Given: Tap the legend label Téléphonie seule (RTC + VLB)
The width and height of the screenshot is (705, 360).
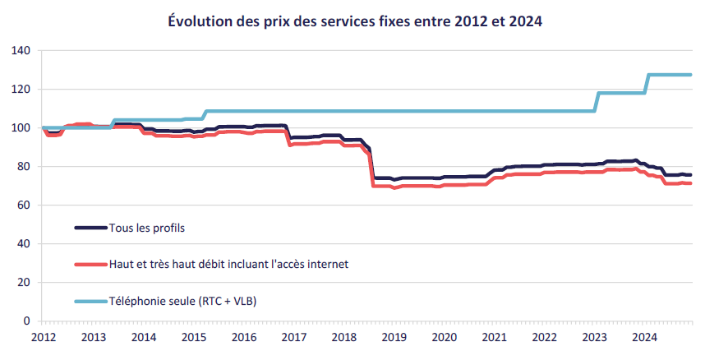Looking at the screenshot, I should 182,302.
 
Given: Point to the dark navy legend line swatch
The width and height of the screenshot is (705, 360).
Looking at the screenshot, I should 90,227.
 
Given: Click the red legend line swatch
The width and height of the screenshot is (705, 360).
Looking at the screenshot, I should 90,264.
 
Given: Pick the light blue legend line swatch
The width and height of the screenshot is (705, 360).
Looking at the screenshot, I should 90,302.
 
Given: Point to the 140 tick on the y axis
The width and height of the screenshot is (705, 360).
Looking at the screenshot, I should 21,51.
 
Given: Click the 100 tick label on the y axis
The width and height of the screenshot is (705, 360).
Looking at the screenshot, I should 21,128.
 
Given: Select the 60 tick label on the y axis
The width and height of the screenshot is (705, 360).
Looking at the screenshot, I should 24,205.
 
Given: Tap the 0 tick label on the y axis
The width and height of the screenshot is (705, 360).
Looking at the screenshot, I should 27,321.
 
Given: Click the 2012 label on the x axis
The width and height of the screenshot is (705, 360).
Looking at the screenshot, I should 43,337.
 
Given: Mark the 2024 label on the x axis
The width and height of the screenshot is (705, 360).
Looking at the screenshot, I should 643,337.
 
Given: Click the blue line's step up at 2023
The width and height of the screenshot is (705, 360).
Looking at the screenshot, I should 597,102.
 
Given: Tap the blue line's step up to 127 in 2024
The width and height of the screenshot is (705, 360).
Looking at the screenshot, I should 647,84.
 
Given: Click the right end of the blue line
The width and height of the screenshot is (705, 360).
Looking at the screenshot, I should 690,75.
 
